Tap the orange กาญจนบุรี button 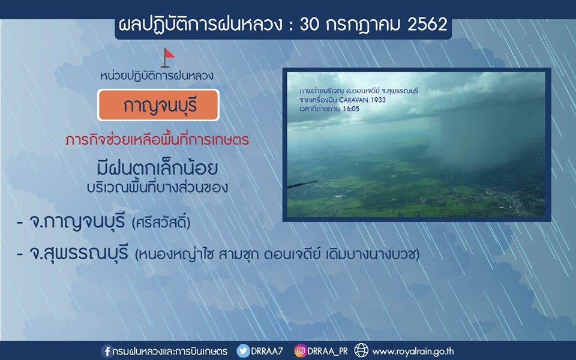point(158,105)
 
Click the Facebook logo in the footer point(107,351)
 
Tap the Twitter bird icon point(243,351)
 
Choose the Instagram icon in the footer point(300,351)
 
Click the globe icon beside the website point(361,351)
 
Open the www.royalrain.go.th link point(413,352)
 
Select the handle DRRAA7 point(267,351)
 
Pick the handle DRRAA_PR point(328,352)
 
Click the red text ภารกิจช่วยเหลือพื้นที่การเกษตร point(157,140)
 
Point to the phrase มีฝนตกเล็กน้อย point(157,167)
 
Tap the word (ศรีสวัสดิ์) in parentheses point(161,223)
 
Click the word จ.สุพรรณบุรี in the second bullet point(79,253)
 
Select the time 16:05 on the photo point(351,109)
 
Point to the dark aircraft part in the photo point(302,184)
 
